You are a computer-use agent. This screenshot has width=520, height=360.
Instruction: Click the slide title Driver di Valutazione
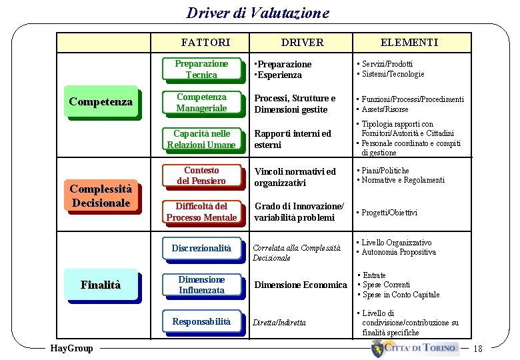coord(258,13)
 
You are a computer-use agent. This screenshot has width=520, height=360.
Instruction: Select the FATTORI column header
coord(205,42)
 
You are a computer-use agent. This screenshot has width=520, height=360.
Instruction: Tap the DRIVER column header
coord(302,42)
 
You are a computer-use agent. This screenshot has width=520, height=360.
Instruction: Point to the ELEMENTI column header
coord(409,42)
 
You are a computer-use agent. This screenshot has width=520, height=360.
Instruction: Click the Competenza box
coord(101,102)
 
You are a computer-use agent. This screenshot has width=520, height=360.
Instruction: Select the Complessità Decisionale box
coord(101,195)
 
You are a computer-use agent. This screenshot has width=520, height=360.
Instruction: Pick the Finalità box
coord(101,285)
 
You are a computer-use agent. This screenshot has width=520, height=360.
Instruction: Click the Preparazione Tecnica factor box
coord(201,69)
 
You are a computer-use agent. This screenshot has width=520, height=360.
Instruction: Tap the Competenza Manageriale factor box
coord(201,103)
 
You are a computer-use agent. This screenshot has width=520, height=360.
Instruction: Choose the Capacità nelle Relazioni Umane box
coord(201,139)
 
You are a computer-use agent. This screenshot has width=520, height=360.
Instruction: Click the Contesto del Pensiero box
coord(201,175)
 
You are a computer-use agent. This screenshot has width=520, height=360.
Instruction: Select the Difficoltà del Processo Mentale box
coord(201,211)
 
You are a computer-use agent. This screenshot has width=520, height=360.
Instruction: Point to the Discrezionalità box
coord(201,248)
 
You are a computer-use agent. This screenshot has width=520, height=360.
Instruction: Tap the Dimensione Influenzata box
coord(201,285)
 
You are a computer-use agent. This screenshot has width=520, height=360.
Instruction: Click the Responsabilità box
coord(201,321)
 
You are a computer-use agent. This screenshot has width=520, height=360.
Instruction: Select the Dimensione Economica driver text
coord(301,285)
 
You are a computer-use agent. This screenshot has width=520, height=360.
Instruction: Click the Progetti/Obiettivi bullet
coord(389,213)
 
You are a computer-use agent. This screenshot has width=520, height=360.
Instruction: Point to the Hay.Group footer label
coord(71,348)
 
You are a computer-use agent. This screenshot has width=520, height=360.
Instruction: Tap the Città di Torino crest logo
coord(379,348)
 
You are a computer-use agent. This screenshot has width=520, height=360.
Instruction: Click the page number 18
coord(477,348)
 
